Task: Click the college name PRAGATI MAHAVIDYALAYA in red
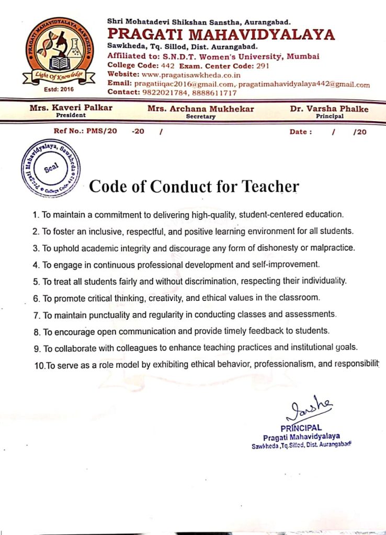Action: [221, 34]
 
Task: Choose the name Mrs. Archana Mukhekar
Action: [201, 109]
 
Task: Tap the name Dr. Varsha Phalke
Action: [329, 109]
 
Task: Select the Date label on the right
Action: [300, 132]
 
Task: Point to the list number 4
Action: [35, 264]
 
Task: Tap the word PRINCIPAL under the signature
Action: [301, 427]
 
